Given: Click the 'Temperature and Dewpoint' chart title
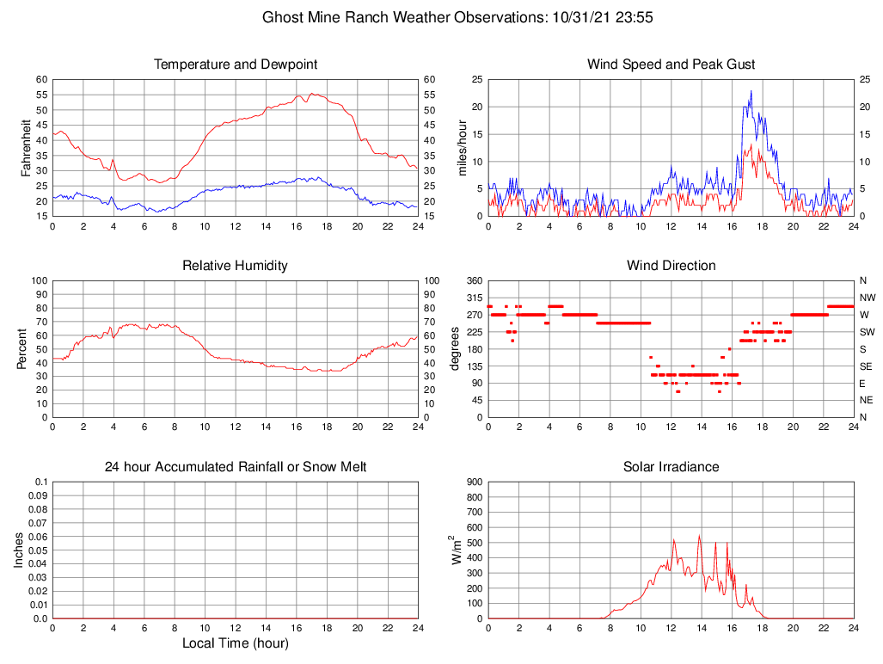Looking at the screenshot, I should pyautogui.click(x=236, y=65).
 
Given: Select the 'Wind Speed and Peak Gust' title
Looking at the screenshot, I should pyautogui.click(x=671, y=65).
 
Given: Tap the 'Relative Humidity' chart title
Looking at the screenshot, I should pyautogui.click(x=236, y=266).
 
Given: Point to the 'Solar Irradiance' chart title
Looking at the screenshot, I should pyautogui.click(x=671, y=467).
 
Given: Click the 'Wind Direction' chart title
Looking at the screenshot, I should pyautogui.click(x=671, y=266).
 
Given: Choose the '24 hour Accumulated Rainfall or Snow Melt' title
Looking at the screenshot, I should pyautogui.click(x=236, y=467).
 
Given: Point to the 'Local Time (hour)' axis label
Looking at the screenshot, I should pyautogui.click(x=236, y=642).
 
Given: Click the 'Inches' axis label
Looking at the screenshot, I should pyautogui.click(x=19, y=550).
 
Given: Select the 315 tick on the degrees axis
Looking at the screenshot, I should pyautogui.click(x=474, y=298).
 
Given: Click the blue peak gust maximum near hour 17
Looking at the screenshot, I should pyautogui.click(x=751, y=91).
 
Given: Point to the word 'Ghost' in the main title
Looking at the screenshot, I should pyautogui.click(x=283, y=17).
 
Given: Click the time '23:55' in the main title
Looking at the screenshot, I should pyautogui.click(x=635, y=17).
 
